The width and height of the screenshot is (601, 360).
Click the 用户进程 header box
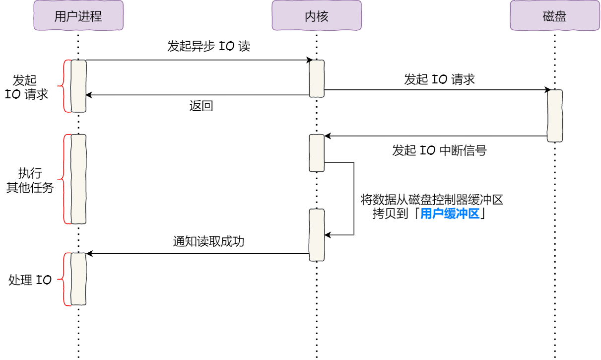78,16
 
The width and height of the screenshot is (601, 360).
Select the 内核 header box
316,16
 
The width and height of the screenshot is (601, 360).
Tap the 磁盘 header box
554,16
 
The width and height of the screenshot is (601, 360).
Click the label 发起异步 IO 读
208,47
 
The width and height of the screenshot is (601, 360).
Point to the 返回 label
201,106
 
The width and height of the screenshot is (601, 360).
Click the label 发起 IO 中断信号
439,150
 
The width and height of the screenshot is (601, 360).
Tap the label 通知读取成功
208,242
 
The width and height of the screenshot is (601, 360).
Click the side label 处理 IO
30,280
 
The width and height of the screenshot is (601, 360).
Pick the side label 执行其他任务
30,181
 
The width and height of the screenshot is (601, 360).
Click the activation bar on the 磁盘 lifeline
555,116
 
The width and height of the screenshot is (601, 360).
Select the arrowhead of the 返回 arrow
88,95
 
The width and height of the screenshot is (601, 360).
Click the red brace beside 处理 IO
63,279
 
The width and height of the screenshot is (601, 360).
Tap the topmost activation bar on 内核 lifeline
317,78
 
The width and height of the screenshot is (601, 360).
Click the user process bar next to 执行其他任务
78,179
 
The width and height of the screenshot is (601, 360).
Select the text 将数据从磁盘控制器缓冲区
431,200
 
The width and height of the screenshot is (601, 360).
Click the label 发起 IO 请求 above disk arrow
439,79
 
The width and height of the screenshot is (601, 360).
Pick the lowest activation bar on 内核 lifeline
317,235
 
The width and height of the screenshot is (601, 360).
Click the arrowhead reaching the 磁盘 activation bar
547,90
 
